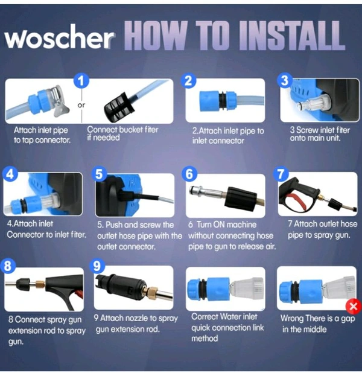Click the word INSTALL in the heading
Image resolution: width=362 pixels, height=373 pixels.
(292, 36)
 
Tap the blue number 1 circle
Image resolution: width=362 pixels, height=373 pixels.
(81, 81)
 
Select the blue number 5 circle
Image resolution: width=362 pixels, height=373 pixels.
(99, 174)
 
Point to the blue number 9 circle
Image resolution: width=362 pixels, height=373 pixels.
(97, 266)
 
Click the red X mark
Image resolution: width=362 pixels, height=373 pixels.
(354, 306)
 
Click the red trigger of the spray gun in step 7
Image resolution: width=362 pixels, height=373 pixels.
(297, 202)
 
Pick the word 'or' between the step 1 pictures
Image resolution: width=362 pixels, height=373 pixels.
(81, 105)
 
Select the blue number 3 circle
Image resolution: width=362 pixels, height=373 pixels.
(285, 80)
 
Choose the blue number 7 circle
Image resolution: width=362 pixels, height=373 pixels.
(281, 174)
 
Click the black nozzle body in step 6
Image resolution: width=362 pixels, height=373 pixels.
(241, 199)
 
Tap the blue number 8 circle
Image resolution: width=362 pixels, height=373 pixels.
(8, 266)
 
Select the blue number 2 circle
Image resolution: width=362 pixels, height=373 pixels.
(189, 80)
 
